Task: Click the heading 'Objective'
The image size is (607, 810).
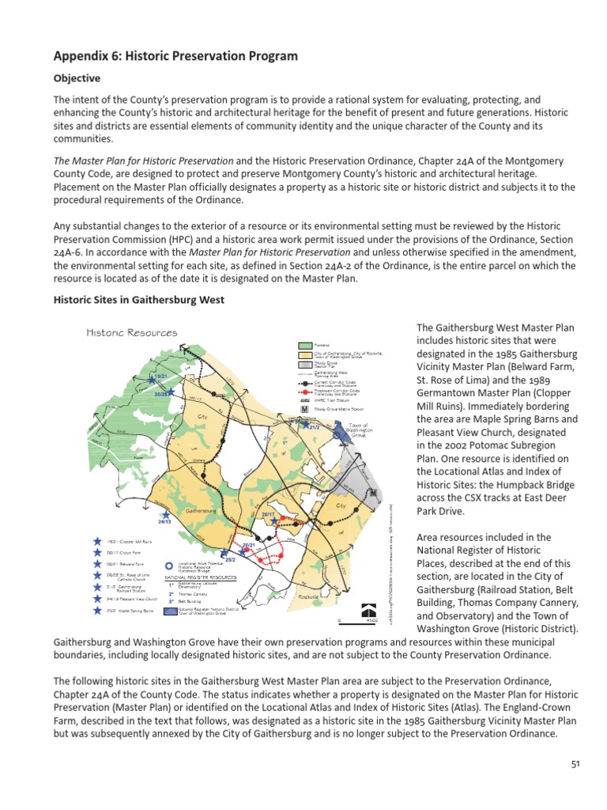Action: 77,79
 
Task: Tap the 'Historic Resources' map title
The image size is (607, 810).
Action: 131,333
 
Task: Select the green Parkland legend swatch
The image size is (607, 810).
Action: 305,345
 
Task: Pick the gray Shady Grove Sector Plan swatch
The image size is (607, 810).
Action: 305,365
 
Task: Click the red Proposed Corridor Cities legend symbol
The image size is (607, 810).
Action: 305,391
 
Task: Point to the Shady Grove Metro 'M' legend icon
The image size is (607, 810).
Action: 305,409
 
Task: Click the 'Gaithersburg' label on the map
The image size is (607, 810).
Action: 201,512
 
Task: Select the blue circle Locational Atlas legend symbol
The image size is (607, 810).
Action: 169,566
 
